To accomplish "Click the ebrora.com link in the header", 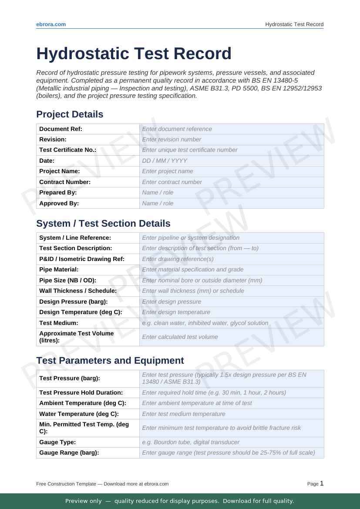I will [x=51, y=24].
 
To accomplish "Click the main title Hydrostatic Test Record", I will [x=134, y=54].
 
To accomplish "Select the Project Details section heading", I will [x=70, y=114].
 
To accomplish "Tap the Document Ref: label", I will [x=61, y=129].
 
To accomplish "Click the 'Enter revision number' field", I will [x=232, y=139].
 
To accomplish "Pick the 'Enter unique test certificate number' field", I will [x=232, y=150].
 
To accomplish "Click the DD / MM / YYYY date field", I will [x=232, y=161].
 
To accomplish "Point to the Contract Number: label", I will [x=65, y=182].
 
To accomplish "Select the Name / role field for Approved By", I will [x=232, y=203].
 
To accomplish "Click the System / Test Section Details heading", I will [x=103, y=224].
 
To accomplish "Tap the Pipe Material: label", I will [x=59, y=270].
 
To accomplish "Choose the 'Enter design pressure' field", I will [x=232, y=301].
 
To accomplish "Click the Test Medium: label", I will [x=59, y=323].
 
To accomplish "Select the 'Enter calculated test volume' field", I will [x=232, y=337].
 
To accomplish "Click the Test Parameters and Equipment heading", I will [x=110, y=361].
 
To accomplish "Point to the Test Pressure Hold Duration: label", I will [x=81, y=392].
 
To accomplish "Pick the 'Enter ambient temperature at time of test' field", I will [x=232, y=403].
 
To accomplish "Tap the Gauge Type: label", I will [x=57, y=442].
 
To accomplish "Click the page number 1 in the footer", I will [x=322, y=483].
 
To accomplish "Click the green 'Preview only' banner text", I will [x=180, y=501].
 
